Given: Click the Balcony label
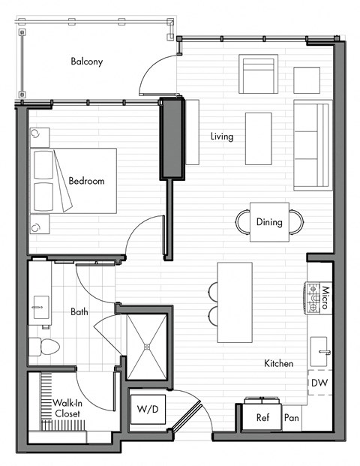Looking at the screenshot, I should pos(86,61).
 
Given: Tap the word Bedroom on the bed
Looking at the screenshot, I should pos(86,181).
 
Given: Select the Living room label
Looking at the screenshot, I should pos(221,137).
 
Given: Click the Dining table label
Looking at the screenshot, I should pos(269,222).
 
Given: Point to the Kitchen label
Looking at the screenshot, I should pos(278,364).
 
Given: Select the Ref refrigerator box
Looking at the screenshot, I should pos(262,418).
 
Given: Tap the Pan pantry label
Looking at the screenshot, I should pos(291,418).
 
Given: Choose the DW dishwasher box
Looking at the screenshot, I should pos(318,383).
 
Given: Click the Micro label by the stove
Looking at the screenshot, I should pos(326,298).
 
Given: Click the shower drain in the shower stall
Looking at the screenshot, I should pos(147,347).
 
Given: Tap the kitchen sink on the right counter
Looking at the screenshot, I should pos(322,350).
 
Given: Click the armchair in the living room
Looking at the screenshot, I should pos(258,73).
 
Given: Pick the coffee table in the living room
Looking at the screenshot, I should pos(258,138).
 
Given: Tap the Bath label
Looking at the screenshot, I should pos(80,311).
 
